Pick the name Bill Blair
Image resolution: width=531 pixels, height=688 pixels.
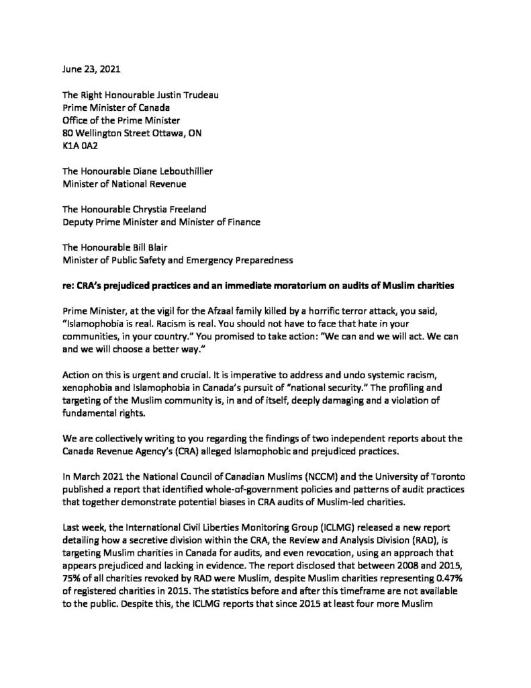pos(149,251)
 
